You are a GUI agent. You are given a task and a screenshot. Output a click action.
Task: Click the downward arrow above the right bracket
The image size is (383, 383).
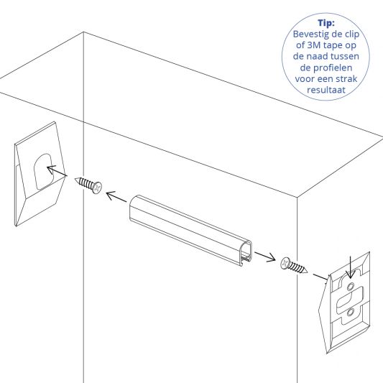[350, 265]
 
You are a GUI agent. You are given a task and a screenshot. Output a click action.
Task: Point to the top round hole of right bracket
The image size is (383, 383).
[350, 286]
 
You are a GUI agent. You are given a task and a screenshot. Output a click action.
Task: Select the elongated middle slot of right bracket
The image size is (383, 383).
[352, 299]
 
